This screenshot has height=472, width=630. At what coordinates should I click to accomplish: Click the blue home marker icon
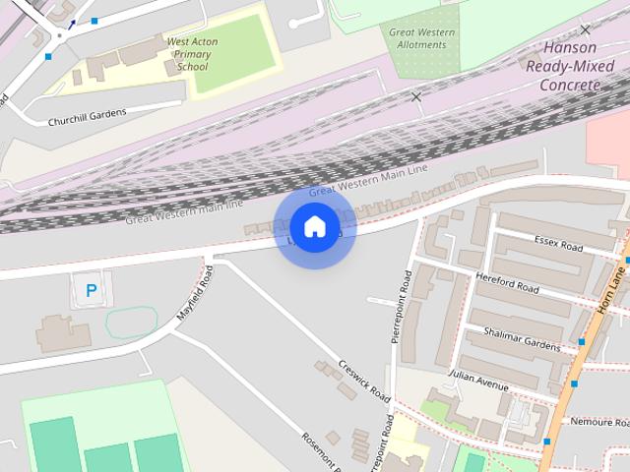(x=314, y=227)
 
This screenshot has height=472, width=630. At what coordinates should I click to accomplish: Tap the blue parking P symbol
(x=92, y=291)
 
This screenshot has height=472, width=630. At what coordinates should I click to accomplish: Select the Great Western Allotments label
(x=422, y=38)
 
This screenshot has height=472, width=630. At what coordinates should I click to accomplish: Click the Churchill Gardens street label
(x=88, y=117)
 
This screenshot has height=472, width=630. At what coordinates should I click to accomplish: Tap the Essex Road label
(x=559, y=240)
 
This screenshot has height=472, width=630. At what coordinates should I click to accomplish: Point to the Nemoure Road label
(x=599, y=422)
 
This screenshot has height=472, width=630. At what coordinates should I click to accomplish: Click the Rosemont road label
(x=319, y=451)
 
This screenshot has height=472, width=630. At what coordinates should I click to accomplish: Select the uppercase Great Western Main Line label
(x=368, y=180)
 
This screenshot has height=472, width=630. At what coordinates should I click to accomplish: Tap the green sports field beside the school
(x=227, y=60)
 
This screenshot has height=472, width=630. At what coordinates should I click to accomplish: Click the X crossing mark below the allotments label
(x=416, y=96)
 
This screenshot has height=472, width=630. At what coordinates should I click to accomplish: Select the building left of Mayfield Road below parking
(x=63, y=333)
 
